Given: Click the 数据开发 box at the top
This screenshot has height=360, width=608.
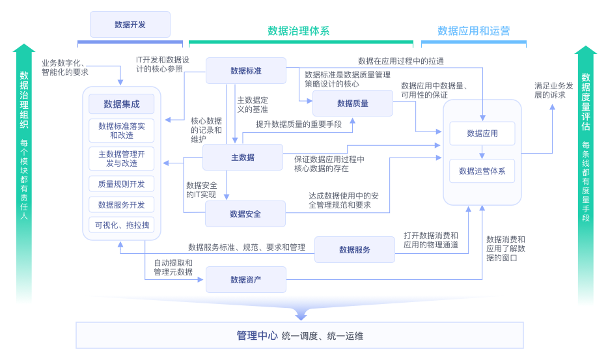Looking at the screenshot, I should pyautogui.click(x=130, y=25).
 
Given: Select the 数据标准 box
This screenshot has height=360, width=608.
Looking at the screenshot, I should pyautogui.click(x=246, y=71).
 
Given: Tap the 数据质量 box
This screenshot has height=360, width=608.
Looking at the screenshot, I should pyautogui.click(x=353, y=104).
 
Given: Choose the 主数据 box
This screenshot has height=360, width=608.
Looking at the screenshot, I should pyautogui.click(x=243, y=158).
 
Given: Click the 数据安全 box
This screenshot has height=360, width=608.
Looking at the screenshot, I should pyautogui.click(x=245, y=214).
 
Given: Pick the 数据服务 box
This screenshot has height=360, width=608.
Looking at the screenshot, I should pyautogui.click(x=355, y=250).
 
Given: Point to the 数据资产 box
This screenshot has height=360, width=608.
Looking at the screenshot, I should pyautogui.click(x=246, y=280).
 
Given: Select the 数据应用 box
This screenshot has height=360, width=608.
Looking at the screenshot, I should pyautogui.click(x=482, y=133).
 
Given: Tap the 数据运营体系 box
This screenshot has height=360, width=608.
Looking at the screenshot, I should pyautogui.click(x=482, y=171).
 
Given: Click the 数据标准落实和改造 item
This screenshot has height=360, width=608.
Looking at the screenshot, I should pyautogui.click(x=122, y=131).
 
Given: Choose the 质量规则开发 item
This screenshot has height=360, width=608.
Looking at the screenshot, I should pyautogui.click(x=122, y=184).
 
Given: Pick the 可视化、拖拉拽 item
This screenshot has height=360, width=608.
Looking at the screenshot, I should pyautogui.click(x=122, y=226).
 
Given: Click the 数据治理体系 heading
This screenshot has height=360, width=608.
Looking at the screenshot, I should pyautogui.click(x=299, y=31).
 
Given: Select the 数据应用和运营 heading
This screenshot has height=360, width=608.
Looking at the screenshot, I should pyautogui.click(x=473, y=31).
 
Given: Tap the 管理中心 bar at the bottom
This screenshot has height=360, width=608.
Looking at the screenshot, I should pyautogui.click(x=300, y=336).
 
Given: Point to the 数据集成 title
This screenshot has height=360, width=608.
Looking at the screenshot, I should pyautogui.click(x=122, y=104).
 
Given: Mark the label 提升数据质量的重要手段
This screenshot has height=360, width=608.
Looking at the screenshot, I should pyautogui.click(x=298, y=124).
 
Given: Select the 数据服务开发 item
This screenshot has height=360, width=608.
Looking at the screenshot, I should pyautogui.click(x=122, y=205).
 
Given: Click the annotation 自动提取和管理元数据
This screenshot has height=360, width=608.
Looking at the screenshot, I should pyautogui.click(x=173, y=268).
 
